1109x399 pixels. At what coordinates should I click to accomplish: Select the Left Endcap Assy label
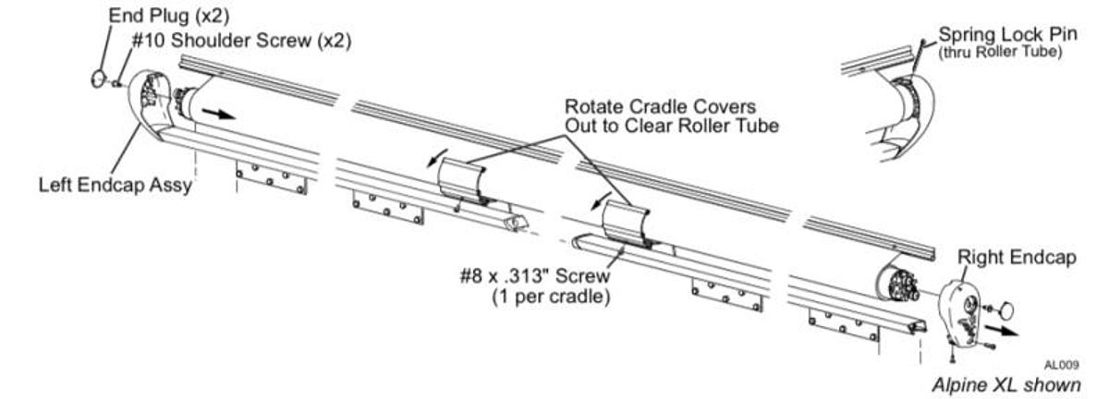coord(116,185)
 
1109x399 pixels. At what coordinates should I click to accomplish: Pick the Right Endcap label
coord(1017,258)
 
